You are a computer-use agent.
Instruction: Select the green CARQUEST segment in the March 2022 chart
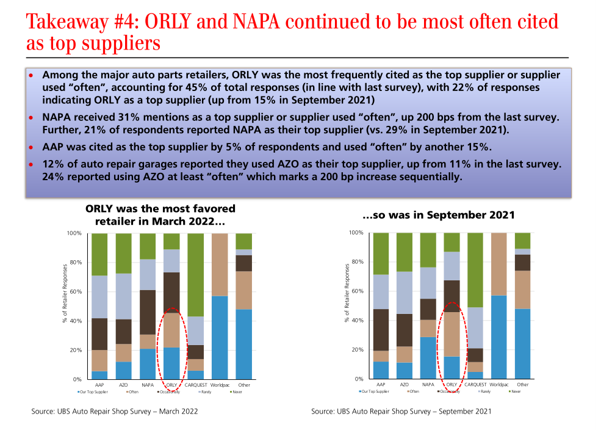[195, 275]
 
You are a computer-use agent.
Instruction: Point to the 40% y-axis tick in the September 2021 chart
[359, 321]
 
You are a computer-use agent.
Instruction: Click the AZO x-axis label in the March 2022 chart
[124, 385]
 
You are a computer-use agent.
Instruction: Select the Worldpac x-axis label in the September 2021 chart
[499, 384]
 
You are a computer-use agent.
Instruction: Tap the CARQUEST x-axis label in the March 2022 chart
[195, 385]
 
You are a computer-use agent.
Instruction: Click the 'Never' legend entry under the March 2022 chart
[236, 392]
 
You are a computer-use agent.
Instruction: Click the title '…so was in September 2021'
[439, 215]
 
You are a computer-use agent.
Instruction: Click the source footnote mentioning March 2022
[115, 412]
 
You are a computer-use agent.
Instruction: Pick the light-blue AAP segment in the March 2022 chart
[99, 297]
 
